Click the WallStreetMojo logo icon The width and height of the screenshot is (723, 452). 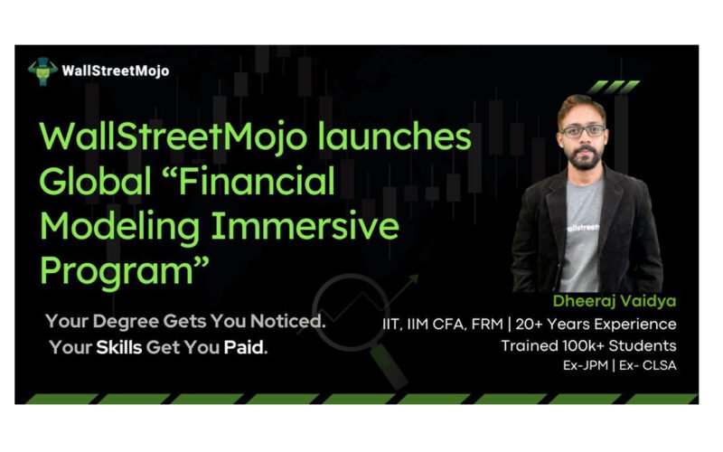coord(42,71)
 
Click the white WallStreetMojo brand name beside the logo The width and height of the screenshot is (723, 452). coord(116,71)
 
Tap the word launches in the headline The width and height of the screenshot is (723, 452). coord(395,137)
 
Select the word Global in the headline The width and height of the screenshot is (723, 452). coord(96,180)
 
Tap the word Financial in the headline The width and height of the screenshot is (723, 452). coord(257,181)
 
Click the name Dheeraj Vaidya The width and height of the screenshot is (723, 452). coord(615,301)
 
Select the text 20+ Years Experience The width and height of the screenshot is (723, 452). coord(596,324)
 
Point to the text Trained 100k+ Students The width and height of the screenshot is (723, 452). coord(589,345)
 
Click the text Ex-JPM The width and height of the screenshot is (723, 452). coord(586,365)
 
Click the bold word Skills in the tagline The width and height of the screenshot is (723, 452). coord(119,347)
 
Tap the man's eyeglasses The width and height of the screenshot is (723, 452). coord(582,131)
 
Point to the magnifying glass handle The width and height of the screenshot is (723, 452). coord(389,366)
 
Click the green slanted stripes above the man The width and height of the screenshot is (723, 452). coord(614,87)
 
